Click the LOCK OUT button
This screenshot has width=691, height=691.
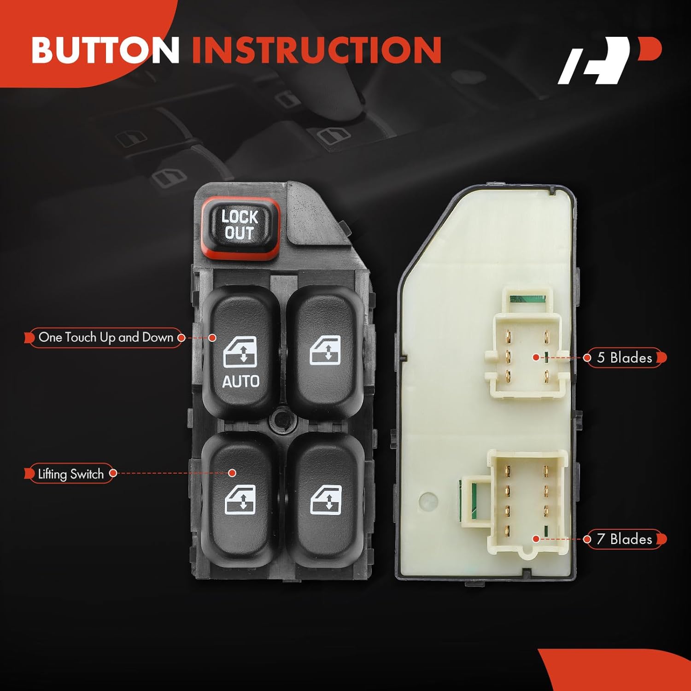pos(240,225)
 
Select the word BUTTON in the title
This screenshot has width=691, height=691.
pos(105,50)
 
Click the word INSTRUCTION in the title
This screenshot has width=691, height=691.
pos(316,50)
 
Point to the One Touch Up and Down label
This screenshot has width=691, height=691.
pos(105,338)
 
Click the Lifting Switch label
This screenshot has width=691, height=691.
pos(70,474)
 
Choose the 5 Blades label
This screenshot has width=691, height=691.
pos(624,358)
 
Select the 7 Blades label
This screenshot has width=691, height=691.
pos(624,539)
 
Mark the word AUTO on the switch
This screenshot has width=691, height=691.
pos(240,381)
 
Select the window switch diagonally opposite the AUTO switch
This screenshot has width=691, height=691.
pos(326,500)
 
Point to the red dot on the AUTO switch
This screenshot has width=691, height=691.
pos(212,338)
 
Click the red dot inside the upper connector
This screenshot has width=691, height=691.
pos(536,357)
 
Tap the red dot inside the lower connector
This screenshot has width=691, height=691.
pos(536,539)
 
